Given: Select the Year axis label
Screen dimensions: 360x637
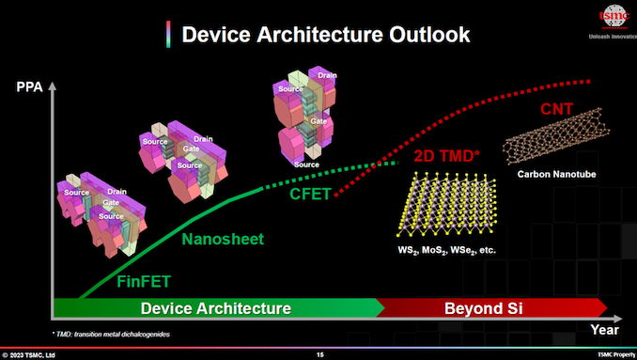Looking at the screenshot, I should point(603,329).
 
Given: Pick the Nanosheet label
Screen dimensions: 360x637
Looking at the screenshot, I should point(223,239).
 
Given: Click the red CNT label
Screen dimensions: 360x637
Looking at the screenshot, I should point(559,109).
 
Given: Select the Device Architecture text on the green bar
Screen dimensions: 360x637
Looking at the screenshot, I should point(215,307).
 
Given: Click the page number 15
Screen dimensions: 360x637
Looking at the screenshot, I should point(319,354).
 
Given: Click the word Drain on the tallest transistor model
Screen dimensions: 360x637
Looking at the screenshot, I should point(327,74).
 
